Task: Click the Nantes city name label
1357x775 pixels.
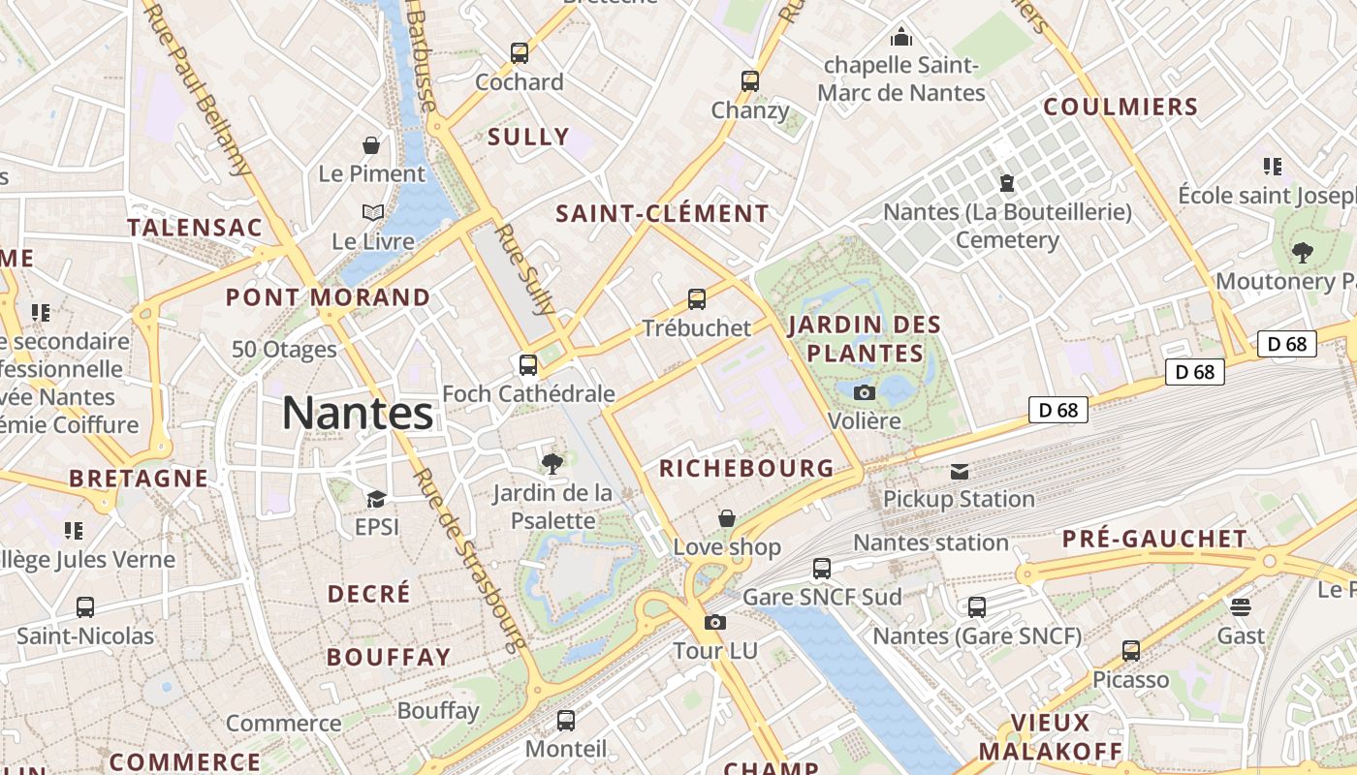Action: [x=358, y=414]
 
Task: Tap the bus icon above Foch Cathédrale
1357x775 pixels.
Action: [x=528, y=365]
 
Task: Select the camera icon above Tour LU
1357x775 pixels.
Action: [x=715, y=622]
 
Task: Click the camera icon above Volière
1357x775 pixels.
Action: [x=865, y=392]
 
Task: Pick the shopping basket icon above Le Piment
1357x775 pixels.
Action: [x=371, y=146]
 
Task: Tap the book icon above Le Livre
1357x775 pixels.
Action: [x=373, y=212]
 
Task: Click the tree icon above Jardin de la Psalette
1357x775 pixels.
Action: [x=552, y=464]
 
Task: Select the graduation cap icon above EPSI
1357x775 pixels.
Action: [x=376, y=499]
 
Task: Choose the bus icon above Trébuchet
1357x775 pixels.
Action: [x=697, y=299]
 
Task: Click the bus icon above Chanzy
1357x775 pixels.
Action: [x=750, y=81]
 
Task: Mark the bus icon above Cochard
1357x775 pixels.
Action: [x=520, y=53]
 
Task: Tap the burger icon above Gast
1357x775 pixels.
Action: [x=1241, y=607]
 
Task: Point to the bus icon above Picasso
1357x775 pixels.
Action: [x=1131, y=651]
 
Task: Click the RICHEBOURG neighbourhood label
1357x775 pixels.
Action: [x=746, y=469]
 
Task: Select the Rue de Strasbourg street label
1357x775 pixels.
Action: [x=468, y=559]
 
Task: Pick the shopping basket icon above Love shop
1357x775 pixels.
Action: [x=727, y=519]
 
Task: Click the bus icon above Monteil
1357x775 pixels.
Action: [x=566, y=721]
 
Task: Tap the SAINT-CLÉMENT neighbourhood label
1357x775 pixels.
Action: [x=662, y=214]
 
